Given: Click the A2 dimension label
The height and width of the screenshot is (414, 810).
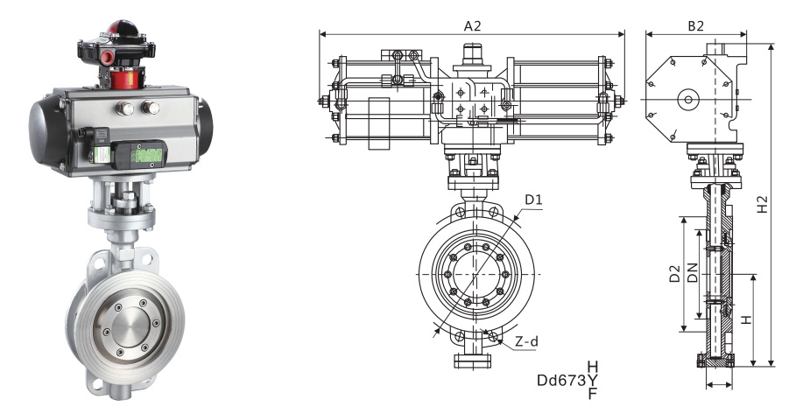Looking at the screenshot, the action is (472, 25).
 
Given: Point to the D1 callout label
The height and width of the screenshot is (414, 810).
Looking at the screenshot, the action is (533, 200).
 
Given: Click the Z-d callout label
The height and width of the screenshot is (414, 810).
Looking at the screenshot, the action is (527, 341).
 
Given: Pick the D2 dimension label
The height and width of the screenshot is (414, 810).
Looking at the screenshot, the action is (674, 274).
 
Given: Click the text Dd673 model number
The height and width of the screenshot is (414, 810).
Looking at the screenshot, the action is (561, 381).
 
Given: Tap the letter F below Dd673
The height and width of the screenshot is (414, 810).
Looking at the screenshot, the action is (593, 393).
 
